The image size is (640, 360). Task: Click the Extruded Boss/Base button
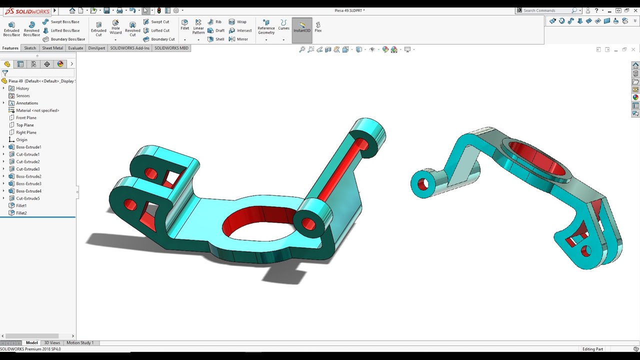(x=11, y=28)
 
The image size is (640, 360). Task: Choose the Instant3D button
(x=302, y=27)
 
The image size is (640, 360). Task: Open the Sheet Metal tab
(x=52, y=48)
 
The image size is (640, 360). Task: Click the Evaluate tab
(x=75, y=48)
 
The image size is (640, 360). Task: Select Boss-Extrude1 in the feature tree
(x=28, y=147)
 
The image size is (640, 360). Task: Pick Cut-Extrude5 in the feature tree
(x=27, y=198)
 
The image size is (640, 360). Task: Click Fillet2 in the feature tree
(x=21, y=213)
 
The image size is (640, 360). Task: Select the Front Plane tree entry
(x=26, y=117)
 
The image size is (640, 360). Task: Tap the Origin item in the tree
(x=21, y=139)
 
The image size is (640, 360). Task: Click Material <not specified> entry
(x=37, y=110)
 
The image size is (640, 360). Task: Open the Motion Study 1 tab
(x=80, y=343)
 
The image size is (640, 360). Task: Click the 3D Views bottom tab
(x=52, y=343)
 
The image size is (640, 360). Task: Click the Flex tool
(x=318, y=27)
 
